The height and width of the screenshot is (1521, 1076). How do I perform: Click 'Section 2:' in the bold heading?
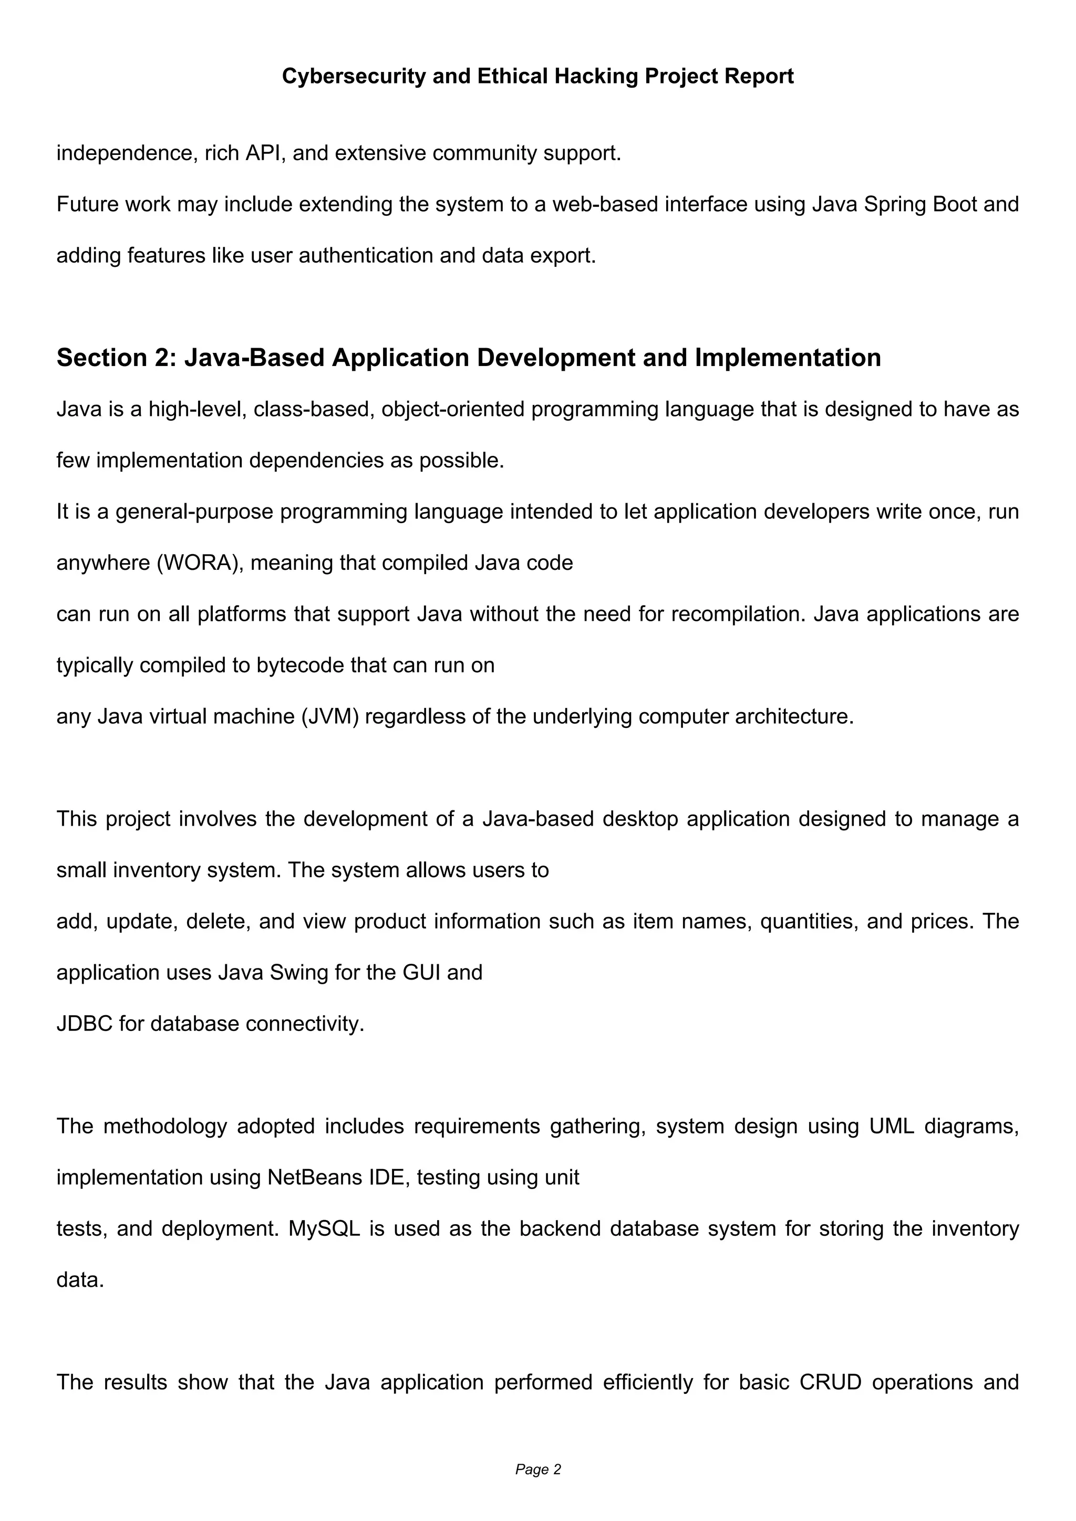116,358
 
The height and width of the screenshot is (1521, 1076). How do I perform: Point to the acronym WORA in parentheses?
198,563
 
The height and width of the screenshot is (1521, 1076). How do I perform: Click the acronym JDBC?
84,1024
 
